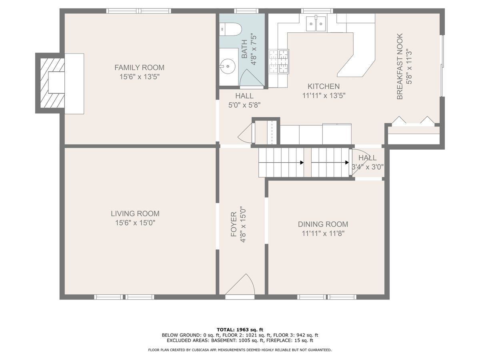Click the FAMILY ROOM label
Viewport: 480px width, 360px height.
click(139, 68)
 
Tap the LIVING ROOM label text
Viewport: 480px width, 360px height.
click(135, 214)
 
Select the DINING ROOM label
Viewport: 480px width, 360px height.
click(323, 224)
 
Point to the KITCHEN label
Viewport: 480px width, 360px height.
click(324, 86)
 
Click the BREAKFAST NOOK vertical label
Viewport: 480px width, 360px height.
click(400, 66)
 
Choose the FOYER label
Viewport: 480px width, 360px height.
click(234, 224)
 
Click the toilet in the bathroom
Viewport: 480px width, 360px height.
click(230, 29)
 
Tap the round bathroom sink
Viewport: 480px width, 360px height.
click(227, 66)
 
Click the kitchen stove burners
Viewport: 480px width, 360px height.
click(278, 61)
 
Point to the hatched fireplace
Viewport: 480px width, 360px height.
click(52, 83)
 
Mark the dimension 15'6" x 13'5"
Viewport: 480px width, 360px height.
click(139, 77)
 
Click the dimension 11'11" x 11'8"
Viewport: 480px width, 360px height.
click(323, 234)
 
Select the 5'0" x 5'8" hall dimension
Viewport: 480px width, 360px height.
click(244, 105)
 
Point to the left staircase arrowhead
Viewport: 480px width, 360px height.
click(302, 162)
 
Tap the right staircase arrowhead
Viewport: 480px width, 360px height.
click(347, 162)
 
